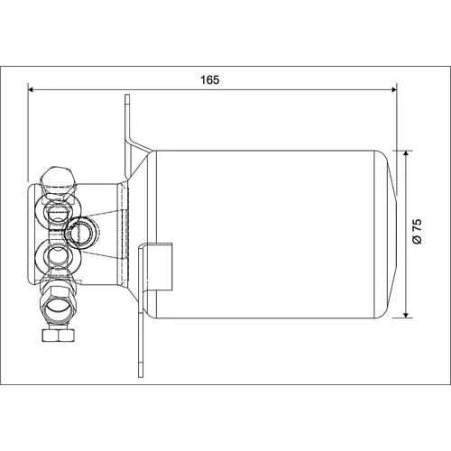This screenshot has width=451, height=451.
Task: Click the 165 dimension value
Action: click(x=210, y=80)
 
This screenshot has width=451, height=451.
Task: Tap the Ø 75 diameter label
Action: click(x=418, y=232)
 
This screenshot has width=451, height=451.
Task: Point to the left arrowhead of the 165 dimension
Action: click(x=31, y=89)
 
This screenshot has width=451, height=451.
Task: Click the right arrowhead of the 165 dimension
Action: click(x=393, y=89)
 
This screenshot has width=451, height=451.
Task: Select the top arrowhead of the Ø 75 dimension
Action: click(x=406, y=154)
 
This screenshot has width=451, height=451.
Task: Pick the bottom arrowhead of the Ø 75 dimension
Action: click(x=406, y=315)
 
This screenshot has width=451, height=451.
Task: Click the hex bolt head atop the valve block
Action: click(x=57, y=181)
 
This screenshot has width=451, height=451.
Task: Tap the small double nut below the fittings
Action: click(x=58, y=336)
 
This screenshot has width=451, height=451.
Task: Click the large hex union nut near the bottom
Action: click(x=58, y=304)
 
